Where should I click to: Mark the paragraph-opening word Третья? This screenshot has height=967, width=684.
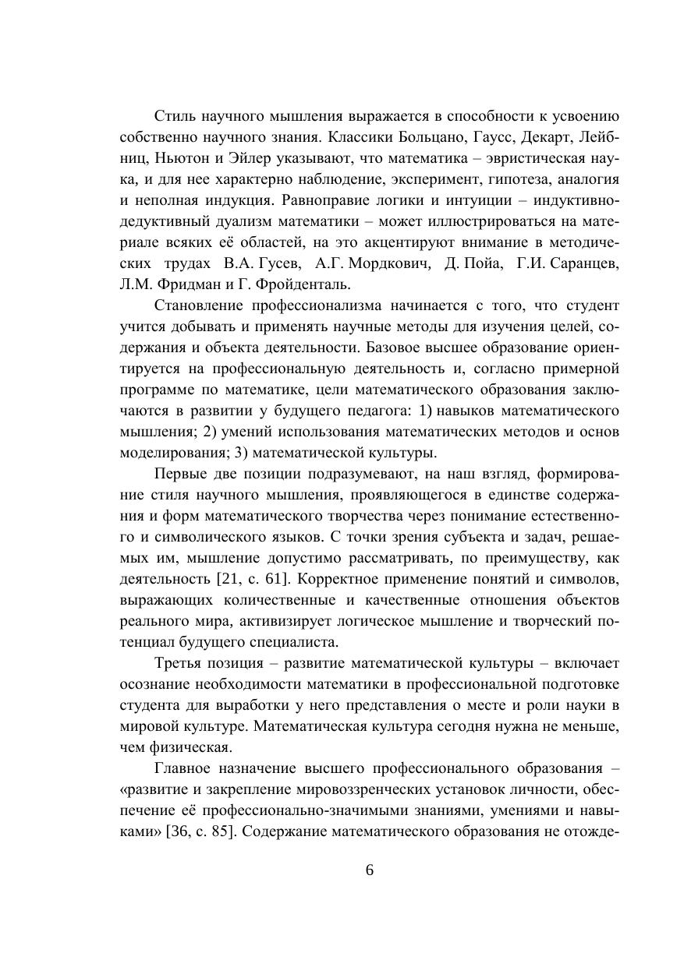point(179,663)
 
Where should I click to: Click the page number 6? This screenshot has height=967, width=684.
point(369,871)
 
